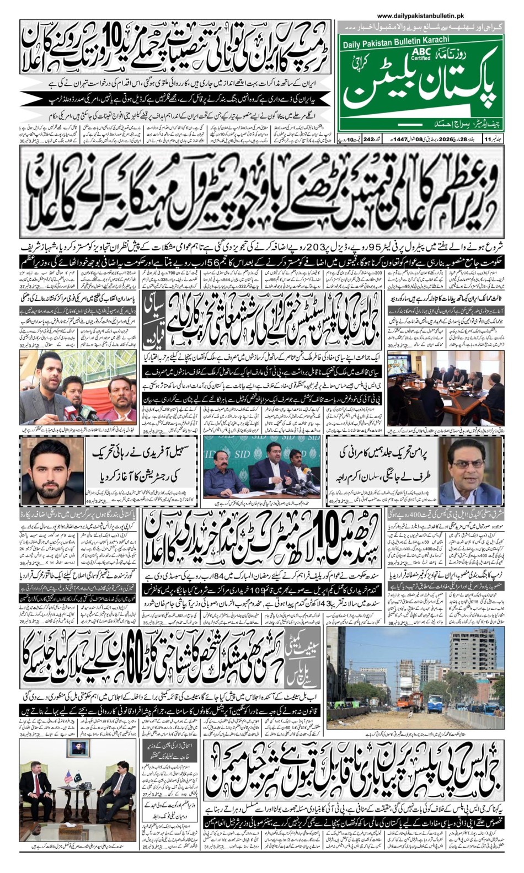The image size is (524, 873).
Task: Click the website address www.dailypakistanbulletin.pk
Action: point(429,16)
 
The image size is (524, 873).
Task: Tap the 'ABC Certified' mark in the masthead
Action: point(421,55)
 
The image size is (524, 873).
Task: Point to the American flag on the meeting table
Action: point(69,776)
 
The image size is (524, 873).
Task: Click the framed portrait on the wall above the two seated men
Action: point(77,748)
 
